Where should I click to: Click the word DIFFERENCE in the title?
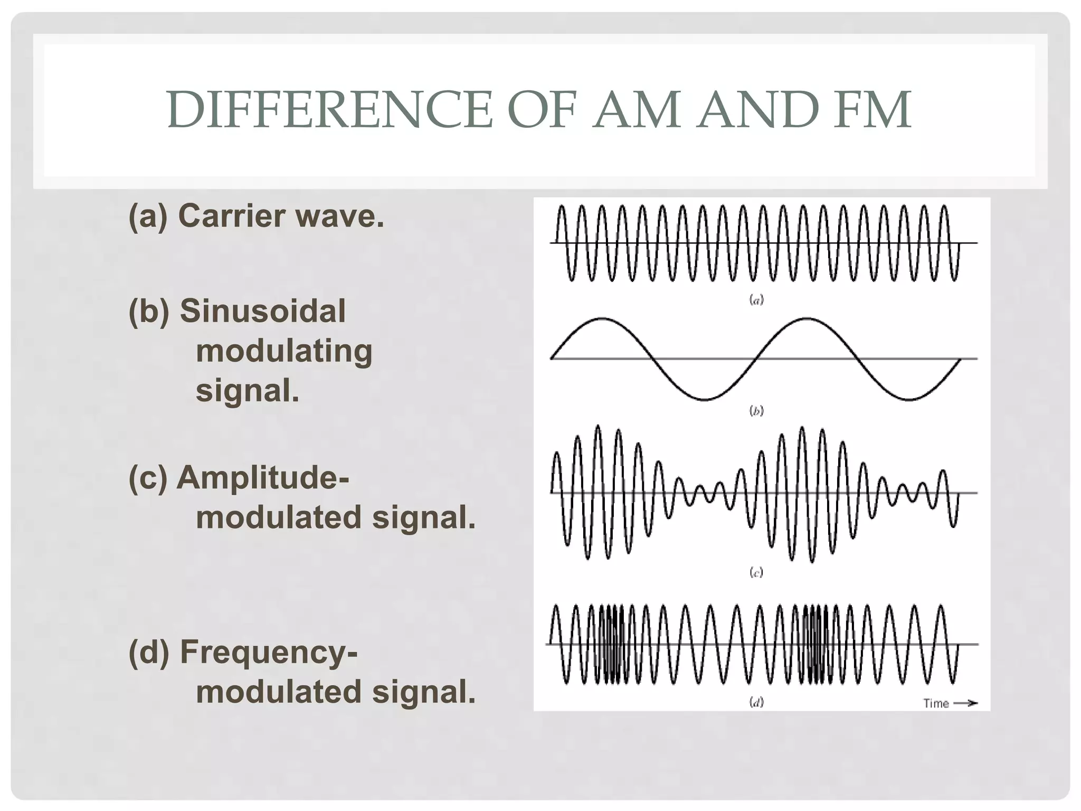pos(330,110)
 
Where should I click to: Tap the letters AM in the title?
pos(636,110)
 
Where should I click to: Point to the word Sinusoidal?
pos(263,311)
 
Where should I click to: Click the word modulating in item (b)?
pos(284,351)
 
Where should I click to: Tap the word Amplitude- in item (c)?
pos(263,478)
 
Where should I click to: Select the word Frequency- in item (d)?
pos(269,652)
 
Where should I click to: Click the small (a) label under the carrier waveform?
pos(757,300)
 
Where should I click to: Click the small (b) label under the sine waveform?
pos(757,411)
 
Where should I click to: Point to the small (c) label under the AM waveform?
pos(756,572)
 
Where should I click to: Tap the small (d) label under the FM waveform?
pos(757,702)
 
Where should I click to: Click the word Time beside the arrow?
pos(936,703)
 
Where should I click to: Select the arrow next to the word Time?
pos(965,703)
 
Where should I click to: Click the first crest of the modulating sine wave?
pos(601,318)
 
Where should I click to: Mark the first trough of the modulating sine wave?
pos(703,399)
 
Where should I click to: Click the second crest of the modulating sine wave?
pos(806,318)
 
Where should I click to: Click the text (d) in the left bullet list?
pos(149,652)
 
